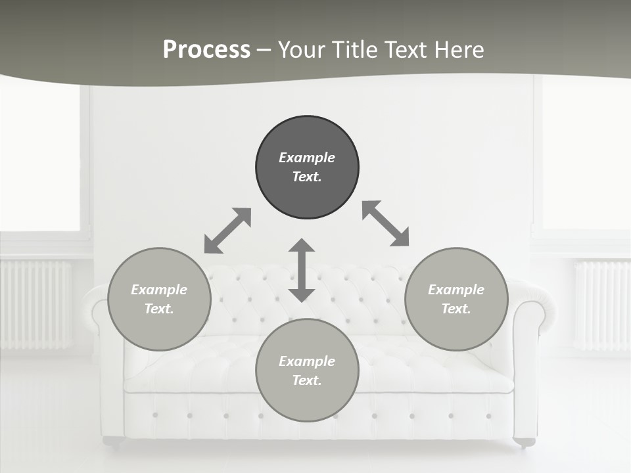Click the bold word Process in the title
point(206,50)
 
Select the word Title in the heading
point(356,50)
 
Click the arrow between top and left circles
point(227,231)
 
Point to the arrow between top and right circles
point(386,223)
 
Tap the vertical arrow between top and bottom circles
point(302,270)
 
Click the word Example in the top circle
point(307,158)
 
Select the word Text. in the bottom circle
point(307,380)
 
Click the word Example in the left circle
point(159,290)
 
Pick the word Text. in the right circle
point(456,309)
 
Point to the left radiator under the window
point(36,304)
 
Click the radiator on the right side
point(601,304)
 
